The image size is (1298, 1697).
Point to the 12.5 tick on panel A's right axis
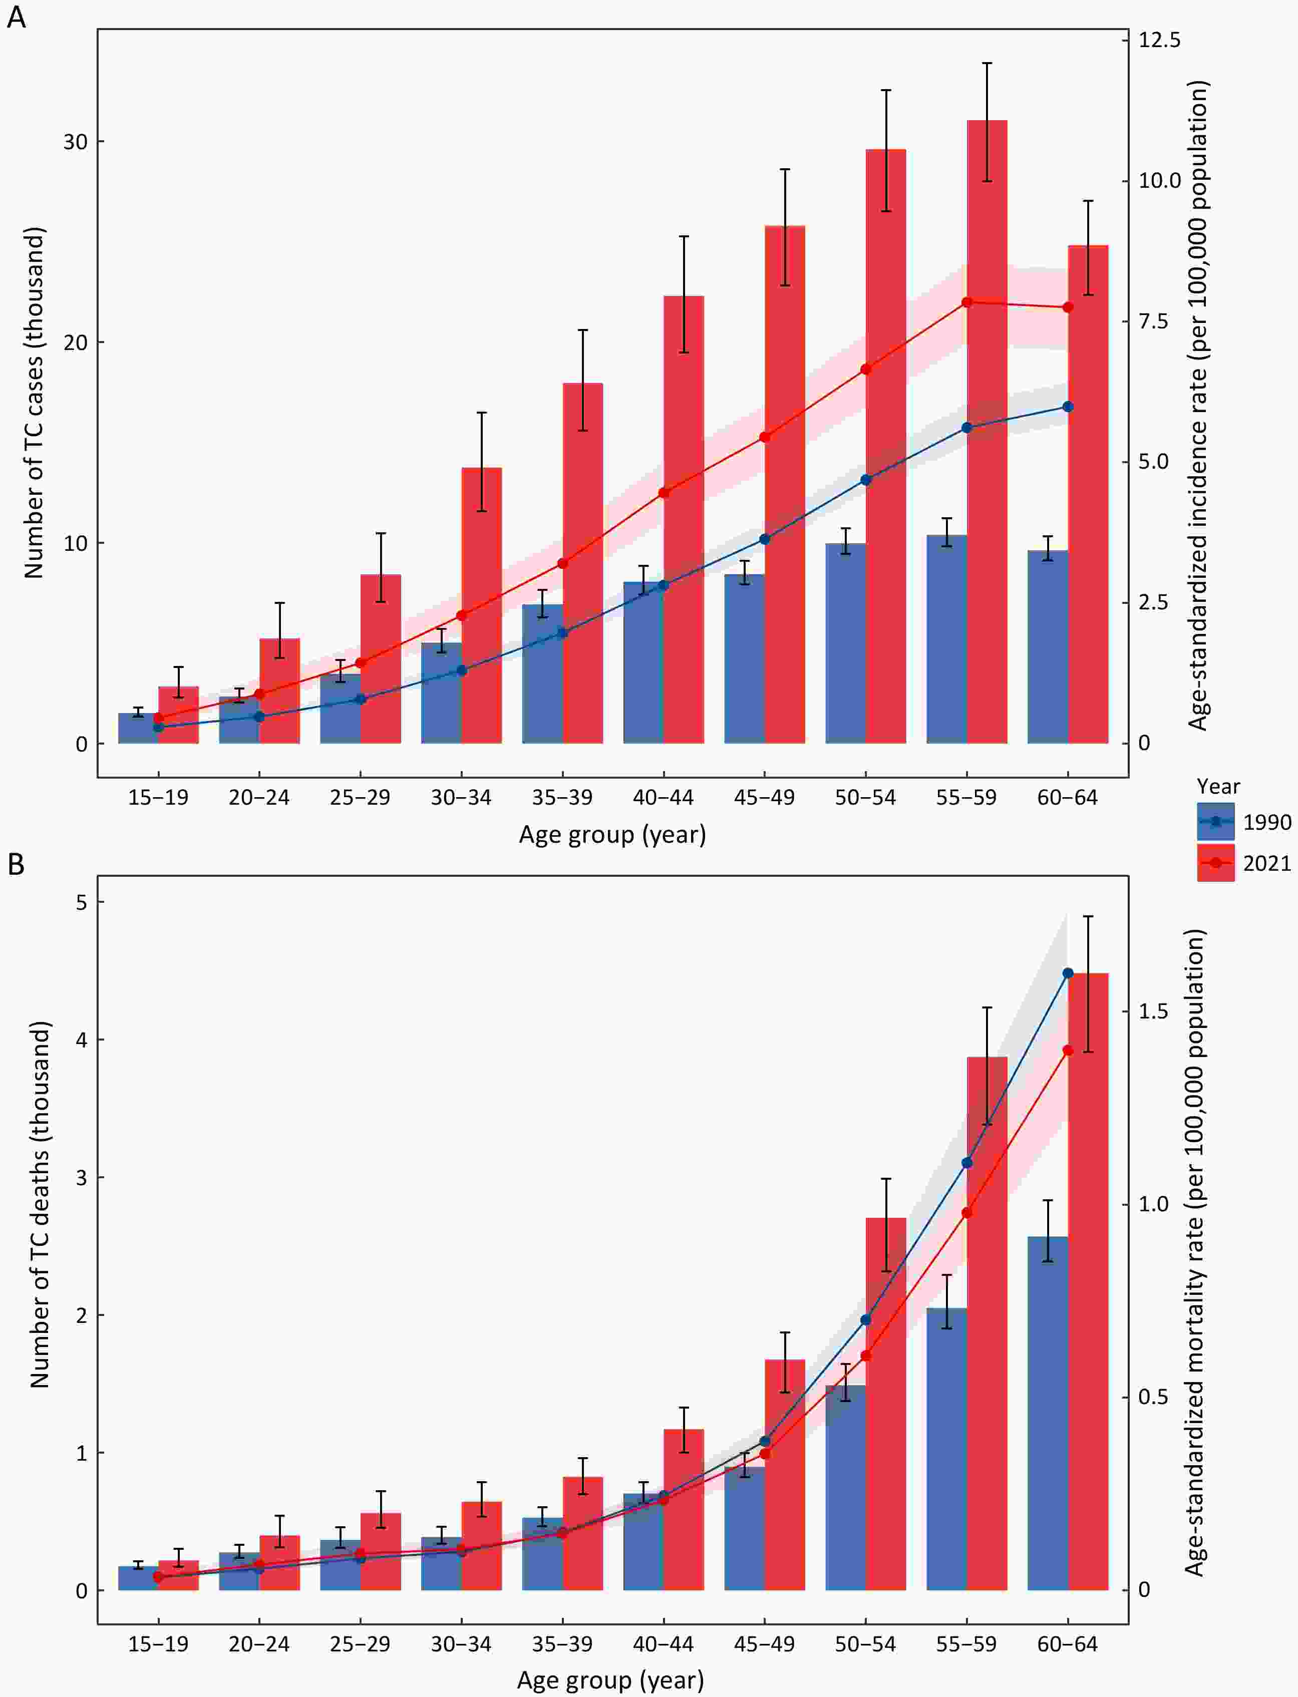pos(1159,40)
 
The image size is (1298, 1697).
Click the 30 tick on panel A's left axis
pos(75,142)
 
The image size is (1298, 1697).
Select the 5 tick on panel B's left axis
pos(81,902)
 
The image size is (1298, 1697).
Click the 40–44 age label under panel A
pos(663,798)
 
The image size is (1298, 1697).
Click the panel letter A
pos(16,17)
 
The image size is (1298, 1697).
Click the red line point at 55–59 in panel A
pos(966,302)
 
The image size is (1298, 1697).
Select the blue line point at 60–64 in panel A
pos(1068,406)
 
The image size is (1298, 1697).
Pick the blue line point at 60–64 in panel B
pos(1068,973)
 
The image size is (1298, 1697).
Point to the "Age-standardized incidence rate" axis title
pos(1197,406)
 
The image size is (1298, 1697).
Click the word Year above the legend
pos(1218,786)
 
